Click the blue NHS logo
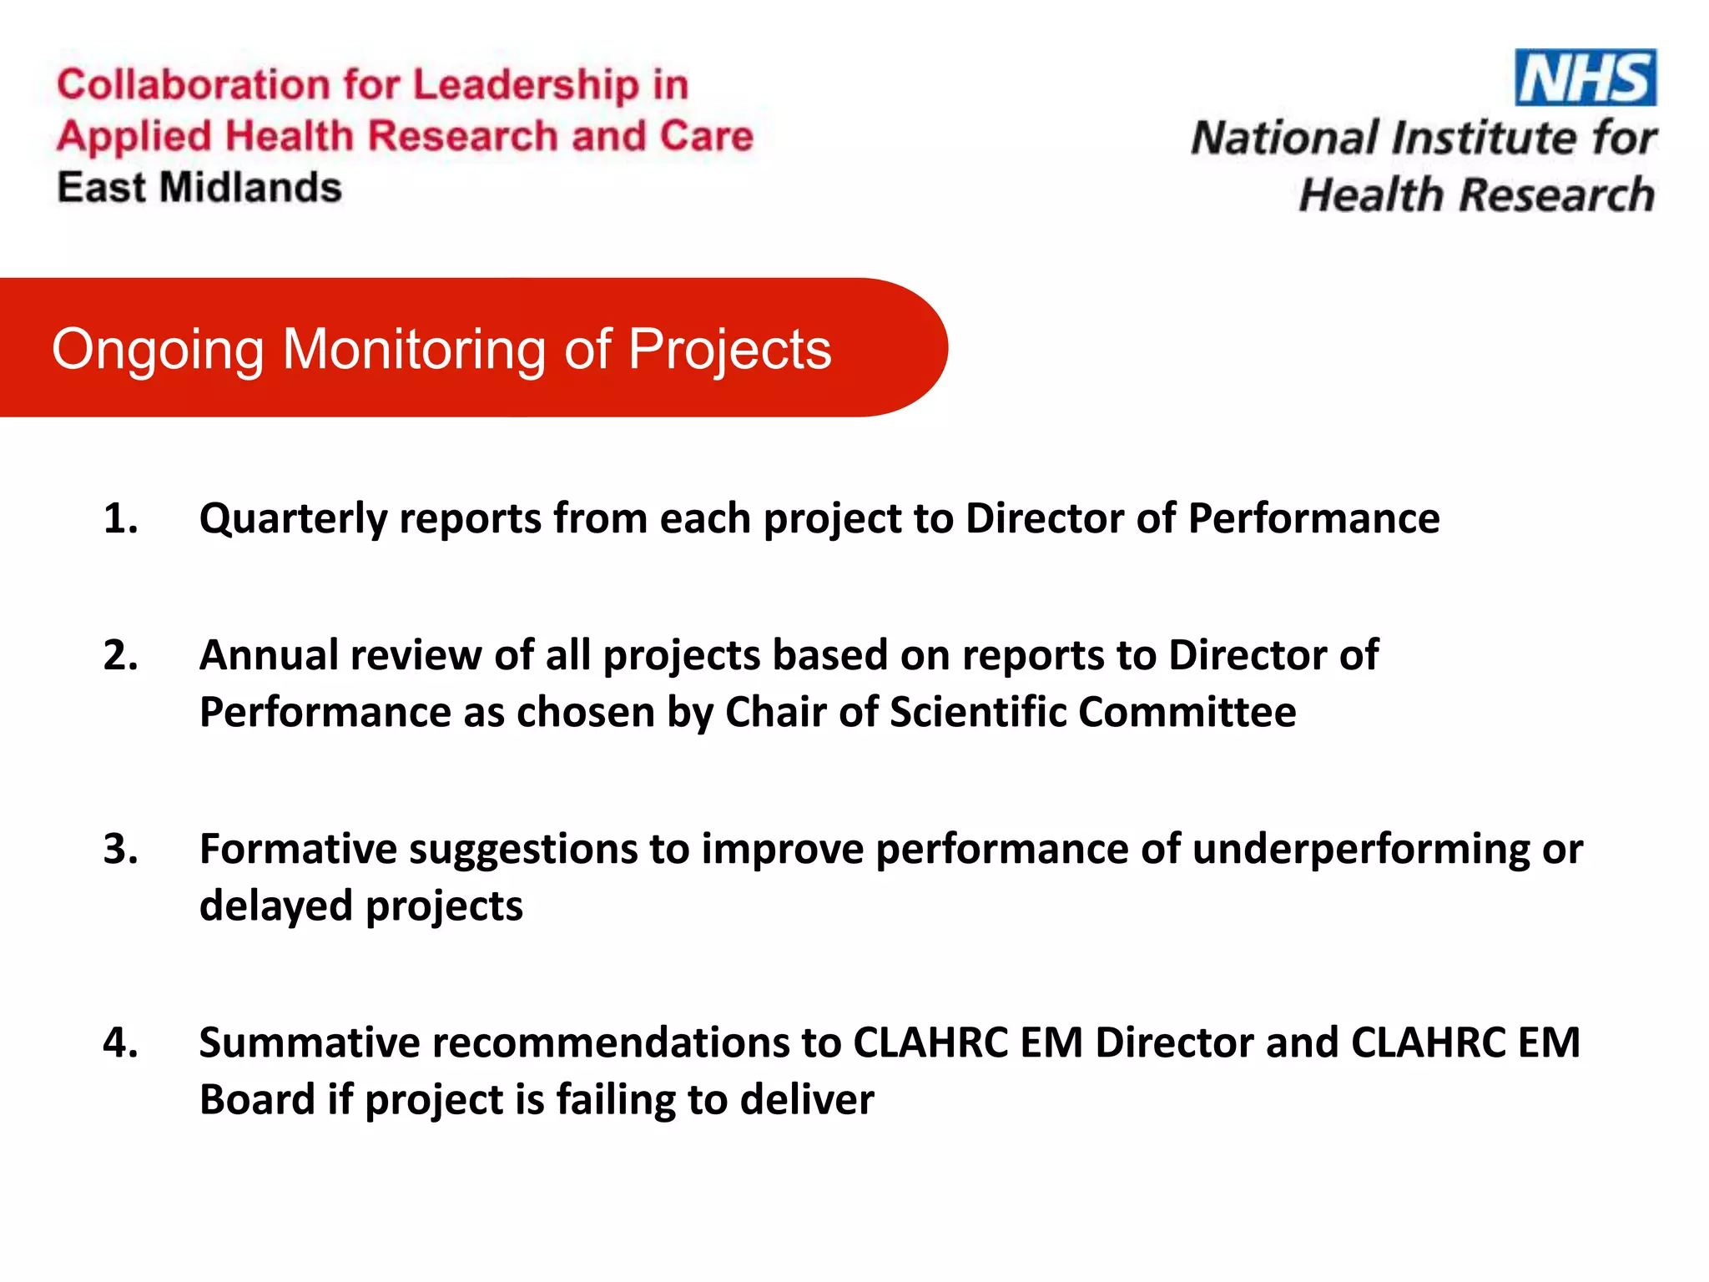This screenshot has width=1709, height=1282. pyautogui.click(x=1585, y=78)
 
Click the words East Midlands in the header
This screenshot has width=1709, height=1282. pyautogui.click(x=199, y=188)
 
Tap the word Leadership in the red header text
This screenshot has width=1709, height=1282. pyautogui.click(x=526, y=85)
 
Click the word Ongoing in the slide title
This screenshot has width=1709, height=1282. pyautogui.click(x=158, y=350)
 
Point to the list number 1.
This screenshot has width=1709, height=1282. pyautogui.click(x=120, y=518)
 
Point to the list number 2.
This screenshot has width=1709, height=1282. pyautogui.click(x=120, y=655)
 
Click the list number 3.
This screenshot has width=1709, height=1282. pyautogui.click(x=120, y=849)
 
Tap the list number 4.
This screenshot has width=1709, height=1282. pyautogui.click(x=120, y=1042)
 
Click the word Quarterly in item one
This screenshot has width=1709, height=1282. pyautogui.click(x=293, y=519)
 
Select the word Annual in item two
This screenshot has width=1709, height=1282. pyautogui.click(x=268, y=655)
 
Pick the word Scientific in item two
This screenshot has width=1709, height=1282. pyautogui.click(x=977, y=712)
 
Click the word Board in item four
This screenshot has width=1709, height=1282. pyautogui.click(x=257, y=1099)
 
